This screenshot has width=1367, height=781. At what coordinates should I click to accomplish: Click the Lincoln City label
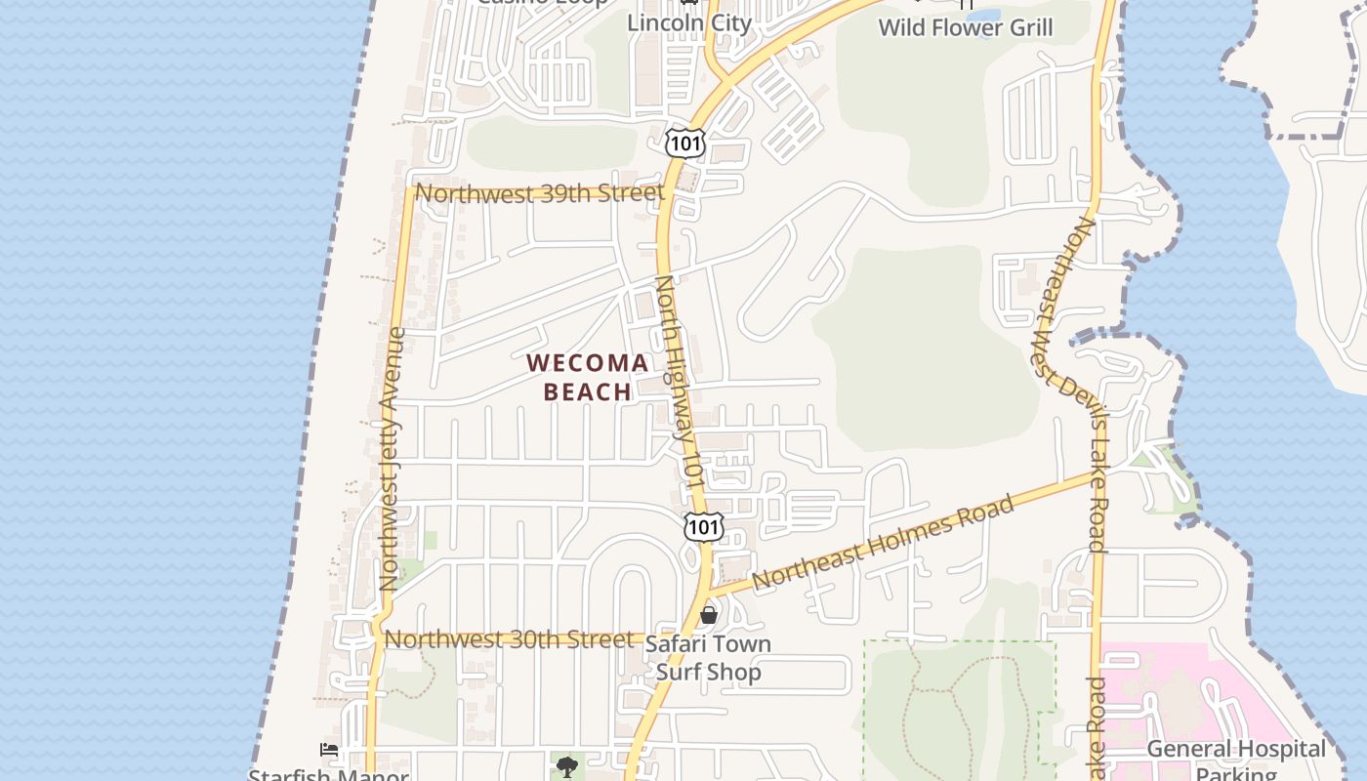point(689,23)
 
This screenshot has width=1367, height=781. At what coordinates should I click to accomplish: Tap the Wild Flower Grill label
point(966,27)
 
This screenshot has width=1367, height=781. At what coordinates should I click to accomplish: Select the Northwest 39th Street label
point(540,192)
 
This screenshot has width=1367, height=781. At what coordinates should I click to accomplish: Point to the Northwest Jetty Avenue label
point(393,459)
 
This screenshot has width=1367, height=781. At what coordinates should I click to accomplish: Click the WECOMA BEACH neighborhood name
point(587,378)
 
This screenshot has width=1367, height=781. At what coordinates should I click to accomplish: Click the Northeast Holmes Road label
point(884,543)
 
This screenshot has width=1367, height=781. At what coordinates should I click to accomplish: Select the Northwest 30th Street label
point(509,639)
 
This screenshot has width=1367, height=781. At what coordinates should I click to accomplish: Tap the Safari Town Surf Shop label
point(708,658)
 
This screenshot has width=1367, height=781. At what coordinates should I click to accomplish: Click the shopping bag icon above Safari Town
point(709,615)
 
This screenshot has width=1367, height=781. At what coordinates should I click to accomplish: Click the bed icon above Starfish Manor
point(330,750)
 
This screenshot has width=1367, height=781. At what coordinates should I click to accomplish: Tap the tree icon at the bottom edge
point(566,766)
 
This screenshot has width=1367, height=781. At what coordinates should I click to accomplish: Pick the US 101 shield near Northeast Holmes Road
point(703,527)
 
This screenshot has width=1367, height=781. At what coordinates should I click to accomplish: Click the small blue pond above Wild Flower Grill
point(982,16)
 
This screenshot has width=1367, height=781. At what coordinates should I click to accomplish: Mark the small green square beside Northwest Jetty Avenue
point(431,540)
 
